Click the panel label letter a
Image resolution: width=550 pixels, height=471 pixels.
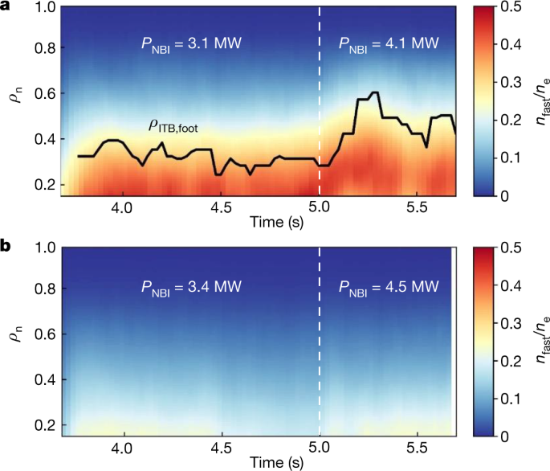pyautogui.click(x=6, y=6)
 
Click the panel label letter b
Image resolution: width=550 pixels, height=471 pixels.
pyautogui.click(x=6, y=243)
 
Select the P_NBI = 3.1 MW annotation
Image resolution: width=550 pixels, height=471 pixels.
pyautogui.click(x=189, y=45)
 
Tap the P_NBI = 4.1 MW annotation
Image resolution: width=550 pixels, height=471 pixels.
pyautogui.click(x=389, y=45)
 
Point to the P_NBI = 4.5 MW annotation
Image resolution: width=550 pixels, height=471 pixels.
pyautogui.click(x=389, y=285)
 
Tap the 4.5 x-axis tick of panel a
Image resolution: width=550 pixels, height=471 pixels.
pyautogui.click(x=221, y=207)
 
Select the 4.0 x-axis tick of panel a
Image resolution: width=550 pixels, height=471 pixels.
pyautogui.click(x=123, y=207)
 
